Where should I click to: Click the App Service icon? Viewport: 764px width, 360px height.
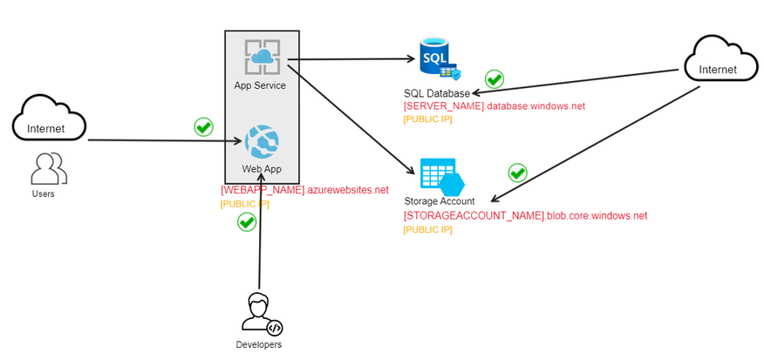point(261,58)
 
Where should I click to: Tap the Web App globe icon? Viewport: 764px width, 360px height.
point(262,141)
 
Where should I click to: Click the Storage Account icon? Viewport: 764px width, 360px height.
point(440,176)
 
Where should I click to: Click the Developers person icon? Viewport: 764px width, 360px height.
point(261,314)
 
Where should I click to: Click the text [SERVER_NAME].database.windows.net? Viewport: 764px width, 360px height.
point(494,106)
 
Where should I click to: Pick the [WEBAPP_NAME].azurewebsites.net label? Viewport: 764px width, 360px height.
point(304,189)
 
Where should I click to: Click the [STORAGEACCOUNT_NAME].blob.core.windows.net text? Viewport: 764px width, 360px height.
point(525,215)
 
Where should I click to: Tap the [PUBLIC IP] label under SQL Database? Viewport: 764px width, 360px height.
point(427,119)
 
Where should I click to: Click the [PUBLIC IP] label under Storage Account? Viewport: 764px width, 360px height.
point(427,229)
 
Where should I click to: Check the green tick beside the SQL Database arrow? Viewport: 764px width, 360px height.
point(495,79)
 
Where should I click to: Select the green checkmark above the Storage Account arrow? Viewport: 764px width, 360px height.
point(517,173)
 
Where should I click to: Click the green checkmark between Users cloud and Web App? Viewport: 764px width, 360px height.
point(203,127)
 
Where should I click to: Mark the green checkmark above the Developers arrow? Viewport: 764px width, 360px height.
point(247,222)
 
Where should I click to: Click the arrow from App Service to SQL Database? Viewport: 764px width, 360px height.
point(349,59)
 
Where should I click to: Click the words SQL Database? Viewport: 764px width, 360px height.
point(436,93)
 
